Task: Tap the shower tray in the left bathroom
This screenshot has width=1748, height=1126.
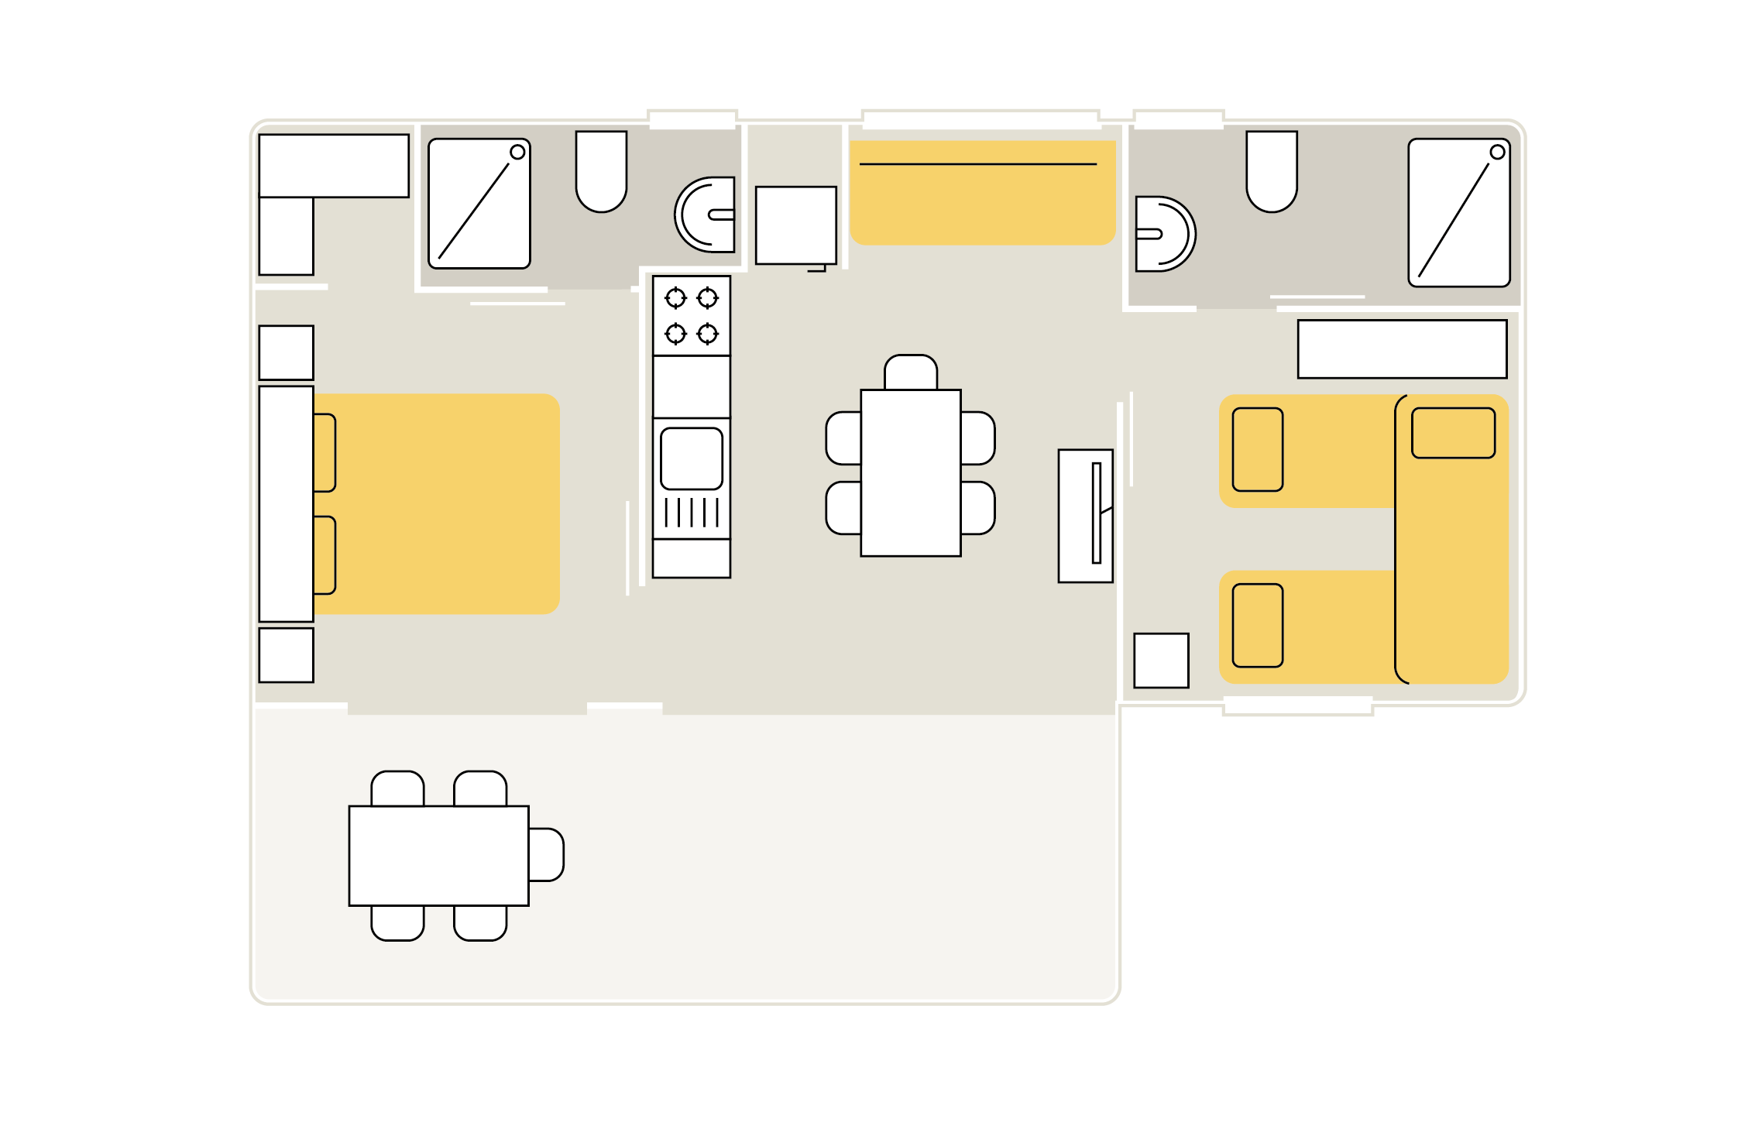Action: (x=479, y=204)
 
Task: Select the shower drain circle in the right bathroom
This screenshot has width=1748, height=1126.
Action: (x=1497, y=153)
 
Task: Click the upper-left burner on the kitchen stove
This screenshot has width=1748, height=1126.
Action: (x=675, y=297)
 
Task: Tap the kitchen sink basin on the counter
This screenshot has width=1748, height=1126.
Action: (x=692, y=458)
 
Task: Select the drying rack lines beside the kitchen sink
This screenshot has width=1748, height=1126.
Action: (x=692, y=513)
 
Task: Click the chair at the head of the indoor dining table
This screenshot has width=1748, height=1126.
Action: (x=911, y=372)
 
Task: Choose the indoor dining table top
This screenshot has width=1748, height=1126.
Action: (x=911, y=472)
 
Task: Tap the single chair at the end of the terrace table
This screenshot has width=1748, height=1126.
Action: (x=547, y=855)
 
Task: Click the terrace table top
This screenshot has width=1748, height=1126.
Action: (x=438, y=856)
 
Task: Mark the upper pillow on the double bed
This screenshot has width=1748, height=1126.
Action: (x=325, y=453)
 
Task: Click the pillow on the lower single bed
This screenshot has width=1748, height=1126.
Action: (x=1257, y=625)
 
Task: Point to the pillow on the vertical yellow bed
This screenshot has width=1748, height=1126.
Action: (x=1453, y=433)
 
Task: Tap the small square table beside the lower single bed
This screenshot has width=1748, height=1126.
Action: (x=1161, y=661)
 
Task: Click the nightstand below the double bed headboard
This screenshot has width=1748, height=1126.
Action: (x=286, y=655)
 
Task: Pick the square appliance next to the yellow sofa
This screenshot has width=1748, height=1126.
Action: (x=795, y=225)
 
